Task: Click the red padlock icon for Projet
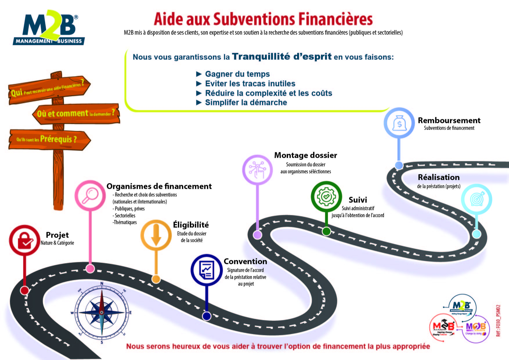pos(24,240)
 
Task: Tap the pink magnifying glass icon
pos(90,195)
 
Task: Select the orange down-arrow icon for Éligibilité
pos(156,235)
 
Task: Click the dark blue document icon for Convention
pos(207,270)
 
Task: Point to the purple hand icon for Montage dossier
pos(257,170)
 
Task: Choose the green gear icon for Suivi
pos(326,196)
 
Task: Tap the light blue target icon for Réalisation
pos(476,199)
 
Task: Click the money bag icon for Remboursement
pos(399,123)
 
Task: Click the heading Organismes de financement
pos(159,186)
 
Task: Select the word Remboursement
pos(449,120)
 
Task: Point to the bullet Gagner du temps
pos(237,74)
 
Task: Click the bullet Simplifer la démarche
pos(246,102)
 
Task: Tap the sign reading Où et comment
pos(76,113)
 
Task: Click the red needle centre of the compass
pos(102,312)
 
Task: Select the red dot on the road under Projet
pos(25,290)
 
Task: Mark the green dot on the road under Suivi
pos(326,231)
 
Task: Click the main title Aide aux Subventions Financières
pos(263,19)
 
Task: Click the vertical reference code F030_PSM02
pos(498,320)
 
